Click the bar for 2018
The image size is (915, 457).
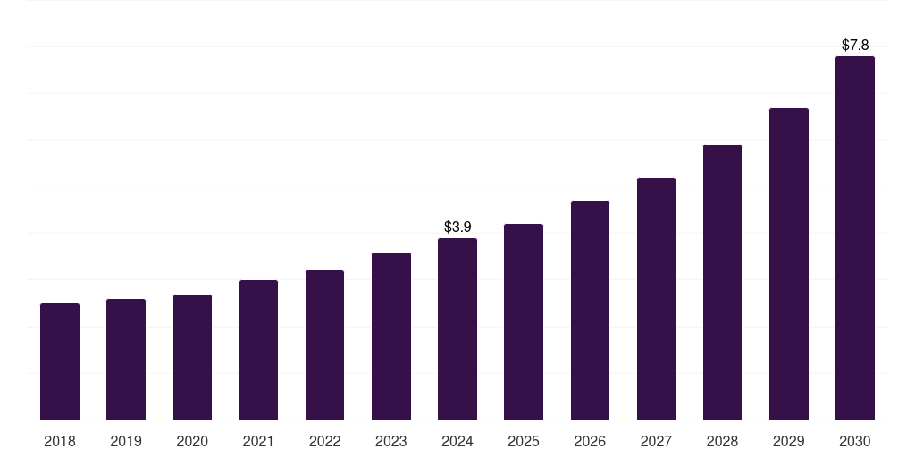pyautogui.click(x=60, y=361)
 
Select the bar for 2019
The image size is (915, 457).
pyautogui.click(x=126, y=360)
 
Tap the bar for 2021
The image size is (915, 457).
pyautogui.click(x=258, y=350)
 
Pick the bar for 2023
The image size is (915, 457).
pyautogui.click(x=391, y=337)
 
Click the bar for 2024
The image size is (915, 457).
pyautogui.click(x=457, y=329)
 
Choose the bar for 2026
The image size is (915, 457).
pyautogui.click(x=590, y=311)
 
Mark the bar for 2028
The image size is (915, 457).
pyautogui.click(x=722, y=282)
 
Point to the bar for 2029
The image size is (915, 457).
pyautogui.click(x=789, y=264)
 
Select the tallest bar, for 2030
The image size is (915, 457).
pyautogui.click(x=855, y=238)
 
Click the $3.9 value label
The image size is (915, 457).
pyautogui.click(x=457, y=228)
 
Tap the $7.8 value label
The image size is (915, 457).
pyautogui.click(x=855, y=45)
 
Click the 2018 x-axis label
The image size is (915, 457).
pyautogui.click(x=60, y=441)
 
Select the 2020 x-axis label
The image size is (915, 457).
pyautogui.click(x=192, y=441)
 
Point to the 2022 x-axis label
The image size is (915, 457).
pyautogui.click(x=325, y=441)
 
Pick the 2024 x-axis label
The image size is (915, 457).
pyautogui.click(x=457, y=441)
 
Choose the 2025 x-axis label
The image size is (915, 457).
pyautogui.click(x=524, y=441)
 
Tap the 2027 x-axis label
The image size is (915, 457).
pyautogui.click(x=656, y=441)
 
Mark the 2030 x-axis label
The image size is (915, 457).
pyautogui.click(x=855, y=441)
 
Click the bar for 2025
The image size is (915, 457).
pyautogui.click(x=524, y=322)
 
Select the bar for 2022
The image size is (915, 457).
pyautogui.click(x=325, y=345)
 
